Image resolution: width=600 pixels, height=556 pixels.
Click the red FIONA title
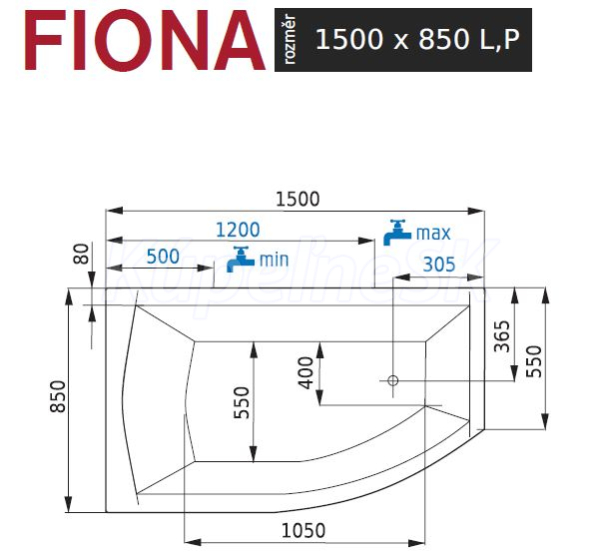pos(145,40)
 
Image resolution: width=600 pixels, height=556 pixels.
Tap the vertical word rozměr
pos(290,39)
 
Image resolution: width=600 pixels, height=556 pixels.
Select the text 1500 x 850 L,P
pos(417,39)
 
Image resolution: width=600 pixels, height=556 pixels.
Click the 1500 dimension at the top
pos(297,199)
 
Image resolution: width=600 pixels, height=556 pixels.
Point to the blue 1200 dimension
pos(238,230)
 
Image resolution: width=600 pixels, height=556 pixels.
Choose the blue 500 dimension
pos(163,256)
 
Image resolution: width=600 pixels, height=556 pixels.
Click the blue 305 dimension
pos(439,264)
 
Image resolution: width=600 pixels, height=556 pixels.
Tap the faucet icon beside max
pos(397,232)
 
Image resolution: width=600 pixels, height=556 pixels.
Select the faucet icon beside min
pos(240,259)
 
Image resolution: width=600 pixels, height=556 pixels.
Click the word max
pos(433,233)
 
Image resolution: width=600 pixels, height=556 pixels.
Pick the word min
pos(274,260)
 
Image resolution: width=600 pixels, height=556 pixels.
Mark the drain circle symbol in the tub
pos(393,381)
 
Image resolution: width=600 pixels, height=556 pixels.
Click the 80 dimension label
pos(81,254)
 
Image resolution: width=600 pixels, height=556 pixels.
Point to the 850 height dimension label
pos(58,396)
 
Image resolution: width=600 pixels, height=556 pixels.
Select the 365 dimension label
pos(502,336)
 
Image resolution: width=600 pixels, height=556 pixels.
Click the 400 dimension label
pos(305,373)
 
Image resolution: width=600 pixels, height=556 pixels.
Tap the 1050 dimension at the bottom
pos(303,531)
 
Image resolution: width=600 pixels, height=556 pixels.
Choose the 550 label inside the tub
pos(241,403)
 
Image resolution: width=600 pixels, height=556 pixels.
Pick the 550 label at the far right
pos(533,361)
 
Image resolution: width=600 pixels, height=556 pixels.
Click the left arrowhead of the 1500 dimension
pos(114,210)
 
